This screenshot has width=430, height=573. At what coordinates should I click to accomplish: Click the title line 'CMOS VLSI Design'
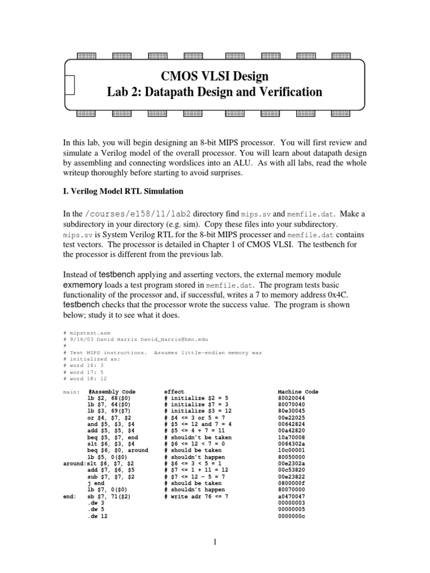(214, 76)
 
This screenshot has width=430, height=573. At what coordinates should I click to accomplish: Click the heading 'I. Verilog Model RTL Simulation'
(123, 191)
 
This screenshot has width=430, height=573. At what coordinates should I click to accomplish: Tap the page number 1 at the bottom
(214, 542)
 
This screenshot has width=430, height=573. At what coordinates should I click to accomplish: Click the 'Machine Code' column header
(298, 392)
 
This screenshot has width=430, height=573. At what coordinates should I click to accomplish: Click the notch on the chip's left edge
(69, 84)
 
